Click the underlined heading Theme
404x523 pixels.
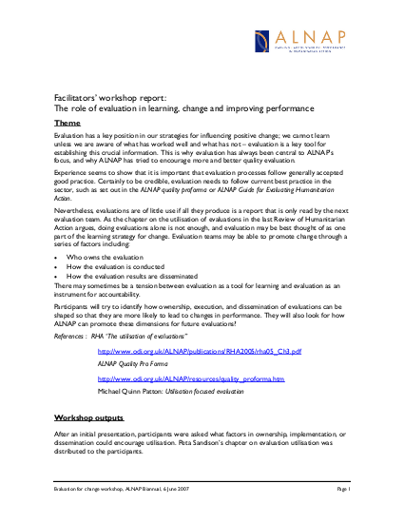click(67, 124)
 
